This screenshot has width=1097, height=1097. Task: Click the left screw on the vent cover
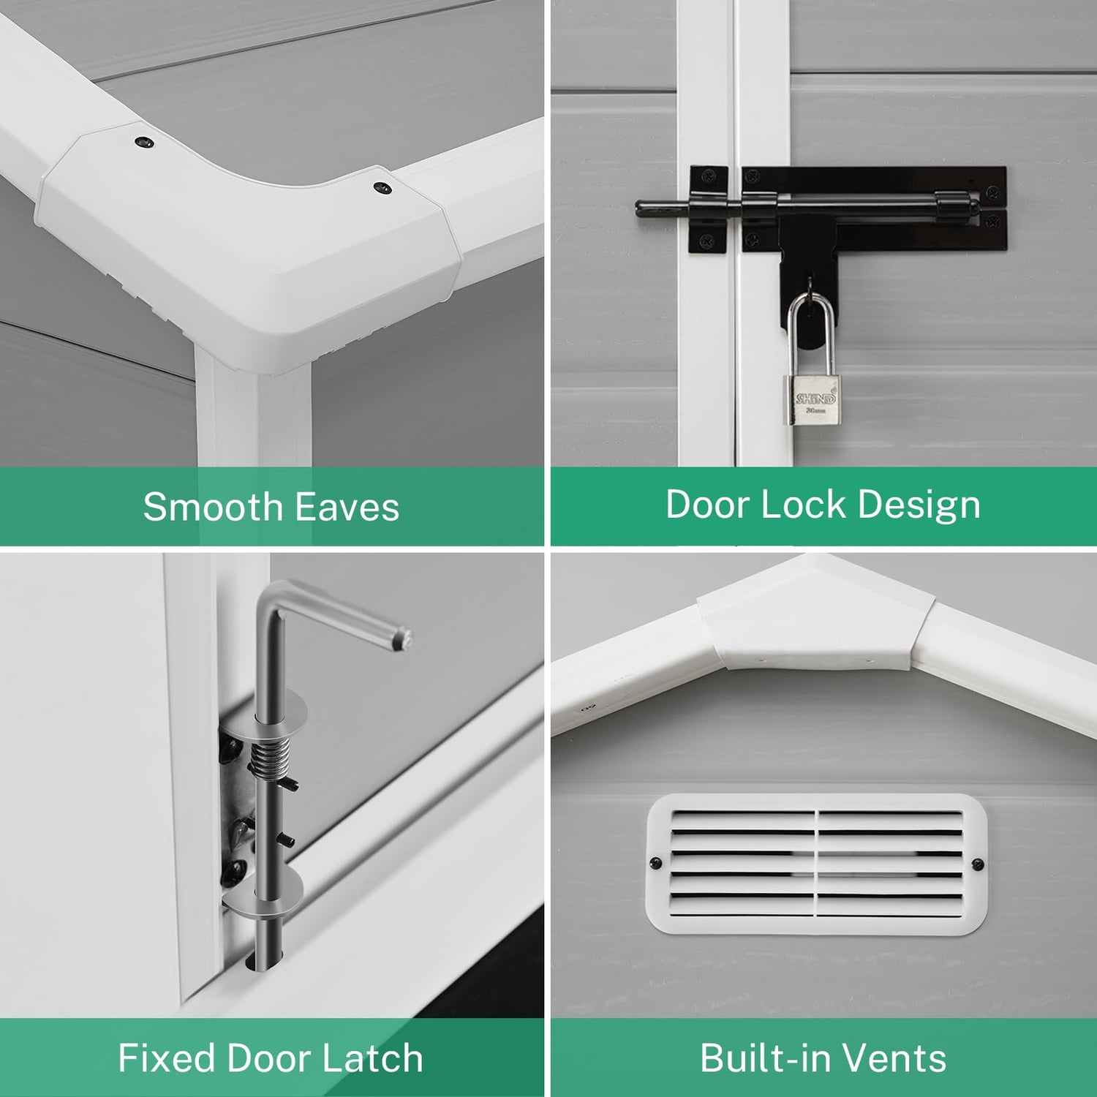pos(656,863)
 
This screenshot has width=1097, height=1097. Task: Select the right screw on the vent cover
pos(978,865)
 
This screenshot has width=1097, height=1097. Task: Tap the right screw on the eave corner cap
pos(381,188)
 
